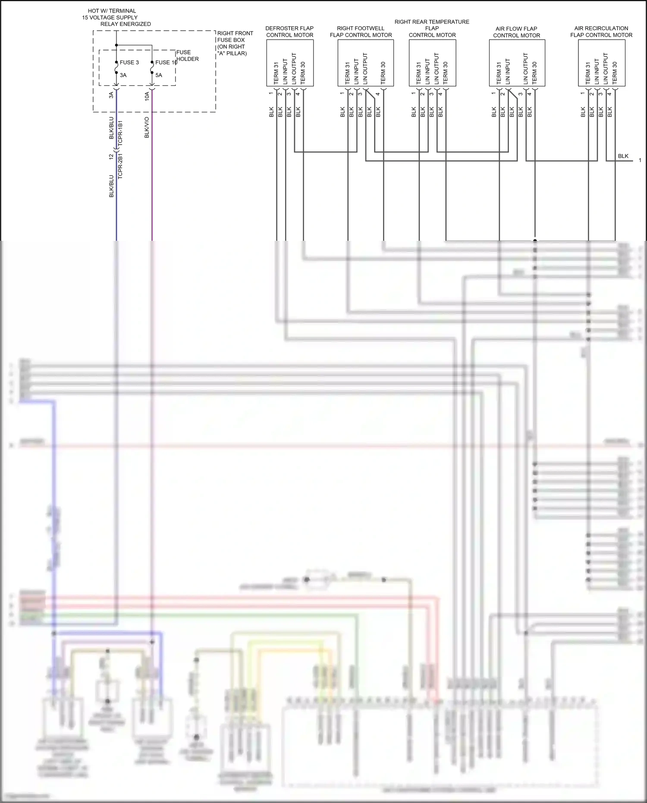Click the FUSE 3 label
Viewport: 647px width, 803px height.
[x=129, y=63]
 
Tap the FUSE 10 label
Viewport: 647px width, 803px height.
[x=166, y=63]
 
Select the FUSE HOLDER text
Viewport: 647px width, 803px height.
[x=187, y=56]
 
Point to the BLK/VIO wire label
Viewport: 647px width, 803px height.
[x=147, y=127]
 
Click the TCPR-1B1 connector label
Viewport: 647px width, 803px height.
[x=120, y=132]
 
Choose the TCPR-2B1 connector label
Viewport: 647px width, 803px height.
[x=120, y=166]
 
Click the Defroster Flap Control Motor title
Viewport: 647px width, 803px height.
[x=289, y=31]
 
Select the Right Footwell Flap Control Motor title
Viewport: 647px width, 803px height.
[x=361, y=31]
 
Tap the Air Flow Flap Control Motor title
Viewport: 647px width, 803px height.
[x=516, y=32]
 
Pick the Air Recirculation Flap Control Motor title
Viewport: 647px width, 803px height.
[x=601, y=31]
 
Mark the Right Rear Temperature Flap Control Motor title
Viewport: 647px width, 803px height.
[x=432, y=28]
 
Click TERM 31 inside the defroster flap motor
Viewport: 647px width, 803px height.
[x=276, y=73]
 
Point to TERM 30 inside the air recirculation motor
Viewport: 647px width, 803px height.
[x=615, y=72]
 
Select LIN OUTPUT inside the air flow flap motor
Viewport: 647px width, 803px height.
[x=525, y=69]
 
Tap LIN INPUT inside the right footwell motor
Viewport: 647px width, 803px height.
[x=356, y=71]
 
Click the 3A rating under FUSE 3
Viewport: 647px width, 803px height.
[x=123, y=75]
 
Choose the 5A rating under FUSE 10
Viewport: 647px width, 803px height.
[x=159, y=75]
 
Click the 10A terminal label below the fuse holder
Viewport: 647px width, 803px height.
[x=147, y=96]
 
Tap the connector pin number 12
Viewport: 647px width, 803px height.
[x=111, y=157]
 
